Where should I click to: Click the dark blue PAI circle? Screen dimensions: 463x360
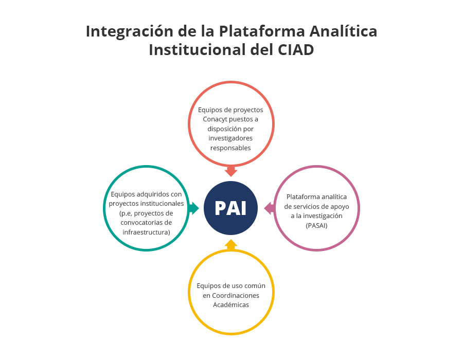click(x=230, y=208)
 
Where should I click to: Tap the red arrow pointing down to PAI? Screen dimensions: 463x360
click(x=231, y=171)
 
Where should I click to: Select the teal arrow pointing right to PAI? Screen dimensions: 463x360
click(x=193, y=208)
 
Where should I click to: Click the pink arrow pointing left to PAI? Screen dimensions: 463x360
click(x=269, y=208)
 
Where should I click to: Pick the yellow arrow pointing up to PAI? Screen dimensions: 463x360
click(x=231, y=245)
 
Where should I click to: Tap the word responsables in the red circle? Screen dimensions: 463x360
click(x=230, y=148)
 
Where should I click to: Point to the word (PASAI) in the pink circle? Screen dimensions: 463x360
click(x=316, y=226)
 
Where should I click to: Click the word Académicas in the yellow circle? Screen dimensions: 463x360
click(x=231, y=305)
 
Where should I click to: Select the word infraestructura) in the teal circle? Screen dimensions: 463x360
click(x=147, y=232)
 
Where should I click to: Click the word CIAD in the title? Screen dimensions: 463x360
click(x=296, y=49)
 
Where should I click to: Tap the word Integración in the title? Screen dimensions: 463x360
click(x=130, y=31)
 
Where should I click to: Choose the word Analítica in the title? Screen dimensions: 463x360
click(x=344, y=31)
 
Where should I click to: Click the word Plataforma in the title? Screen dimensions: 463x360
click(x=261, y=31)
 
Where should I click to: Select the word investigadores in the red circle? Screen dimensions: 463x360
click(x=230, y=138)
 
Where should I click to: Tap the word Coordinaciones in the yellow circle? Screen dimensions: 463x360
click(x=236, y=295)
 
